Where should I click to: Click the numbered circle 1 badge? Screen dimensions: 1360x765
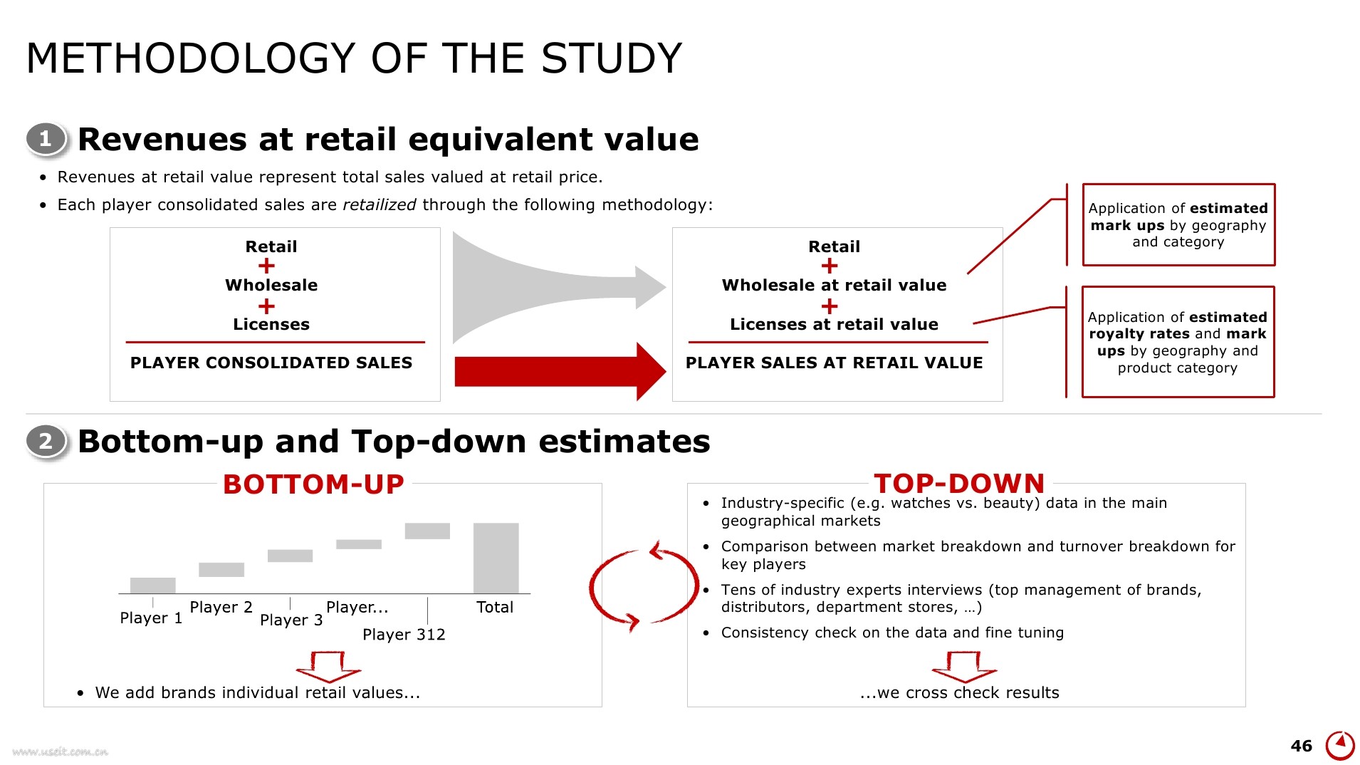[46, 139]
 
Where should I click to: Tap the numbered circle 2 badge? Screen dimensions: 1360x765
[46, 442]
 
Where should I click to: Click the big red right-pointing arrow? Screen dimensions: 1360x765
[560, 372]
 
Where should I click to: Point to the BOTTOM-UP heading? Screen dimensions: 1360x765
[313, 484]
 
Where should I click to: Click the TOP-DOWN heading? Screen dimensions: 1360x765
[959, 484]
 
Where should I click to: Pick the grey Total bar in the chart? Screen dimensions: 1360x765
[496, 558]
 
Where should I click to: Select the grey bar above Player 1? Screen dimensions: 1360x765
[152, 586]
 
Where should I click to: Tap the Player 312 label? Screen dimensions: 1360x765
[404, 635]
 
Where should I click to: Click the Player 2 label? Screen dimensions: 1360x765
[221, 608]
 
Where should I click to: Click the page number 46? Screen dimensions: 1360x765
[1301, 746]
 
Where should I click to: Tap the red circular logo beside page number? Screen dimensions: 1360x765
[1340, 745]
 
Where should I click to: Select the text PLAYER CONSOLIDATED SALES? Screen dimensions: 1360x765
[271, 363]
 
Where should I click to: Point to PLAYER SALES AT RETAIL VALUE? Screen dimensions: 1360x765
[834, 363]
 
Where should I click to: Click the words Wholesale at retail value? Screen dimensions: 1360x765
[834, 286]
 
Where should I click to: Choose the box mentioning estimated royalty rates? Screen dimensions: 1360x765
[1178, 342]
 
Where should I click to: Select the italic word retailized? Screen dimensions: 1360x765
[379, 205]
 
